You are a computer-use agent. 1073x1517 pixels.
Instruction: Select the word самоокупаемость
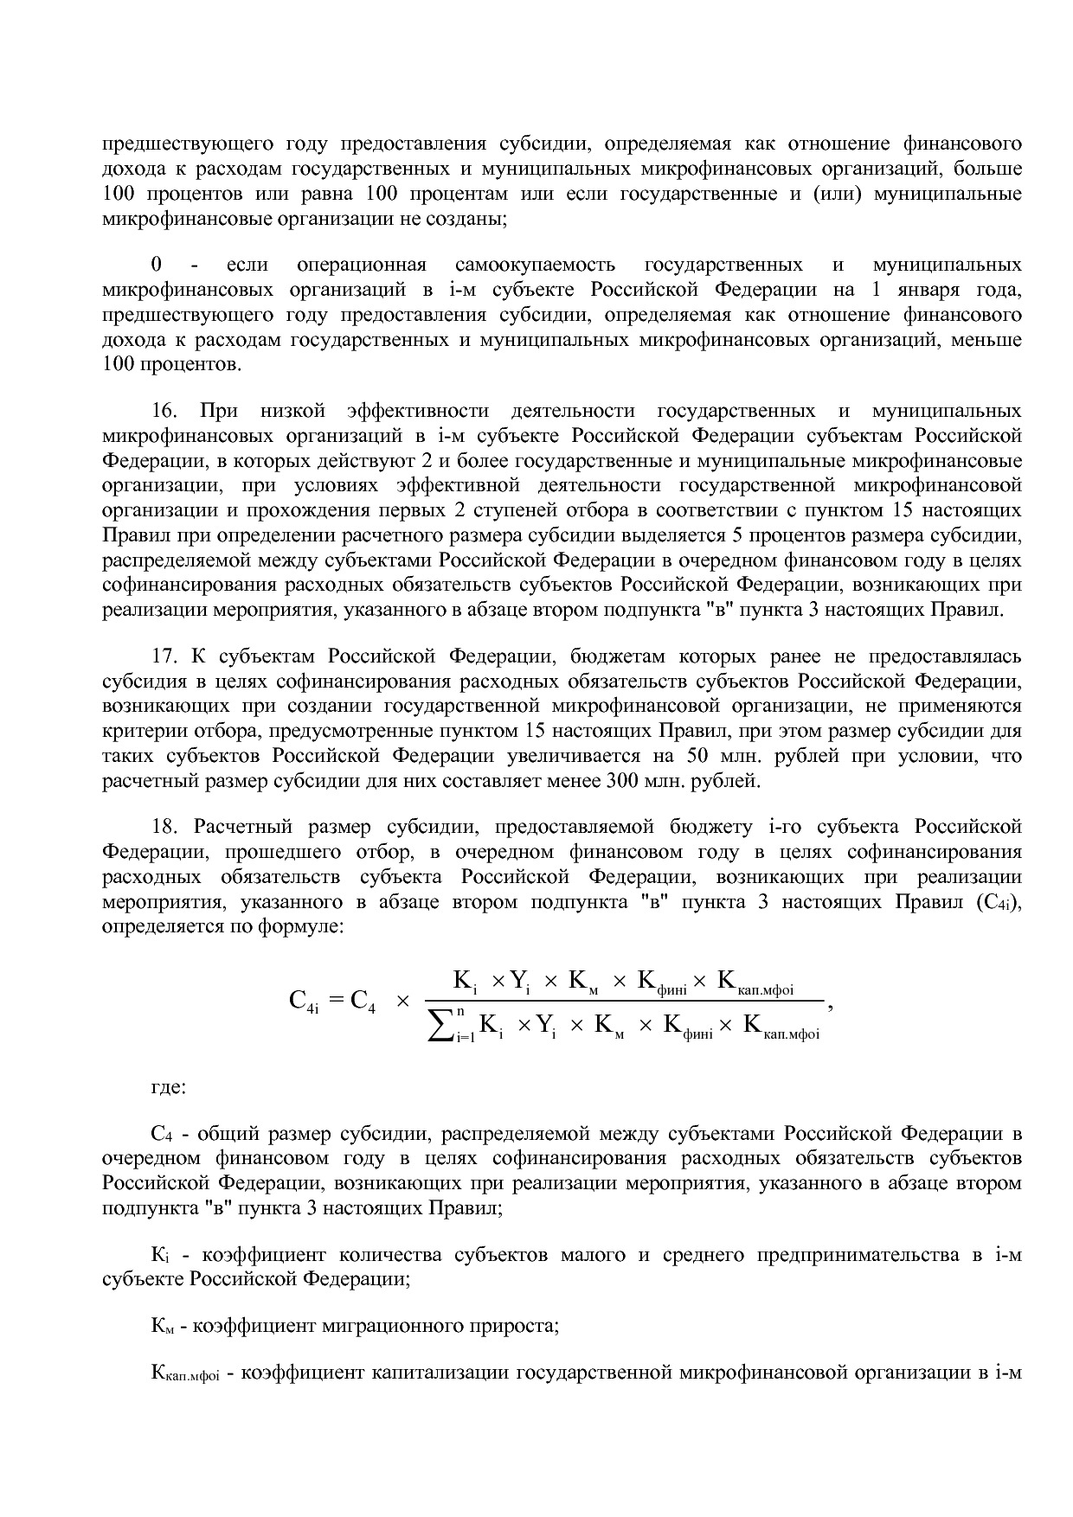pos(534,265)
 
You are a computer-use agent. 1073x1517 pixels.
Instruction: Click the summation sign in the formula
pos(443,1026)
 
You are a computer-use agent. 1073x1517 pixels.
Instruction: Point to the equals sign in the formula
pos(336,1002)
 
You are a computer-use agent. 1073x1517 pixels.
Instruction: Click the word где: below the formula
pos(168,1086)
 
